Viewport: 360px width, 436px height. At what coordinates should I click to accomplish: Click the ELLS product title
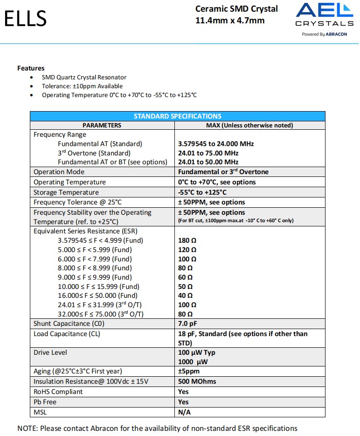(x=26, y=18)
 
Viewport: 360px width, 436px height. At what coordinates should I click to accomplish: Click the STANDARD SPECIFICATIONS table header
(x=177, y=116)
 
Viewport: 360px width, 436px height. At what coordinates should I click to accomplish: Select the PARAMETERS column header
(x=102, y=125)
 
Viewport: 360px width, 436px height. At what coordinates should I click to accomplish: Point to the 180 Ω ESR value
(x=187, y=240)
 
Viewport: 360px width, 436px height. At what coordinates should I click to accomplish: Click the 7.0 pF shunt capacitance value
(x=188, y=323)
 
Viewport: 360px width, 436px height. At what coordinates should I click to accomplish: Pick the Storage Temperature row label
(x=66, y=192)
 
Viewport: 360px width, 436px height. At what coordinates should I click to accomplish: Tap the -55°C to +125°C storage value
(x=203, y=192)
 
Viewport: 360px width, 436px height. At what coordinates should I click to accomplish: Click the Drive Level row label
(x=50, y=352)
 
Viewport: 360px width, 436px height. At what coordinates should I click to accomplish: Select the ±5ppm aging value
(x=189, y=371)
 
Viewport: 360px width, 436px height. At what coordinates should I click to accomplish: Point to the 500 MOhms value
(x=197, y=381)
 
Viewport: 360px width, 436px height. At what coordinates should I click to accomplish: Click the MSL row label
(x=40, y=412)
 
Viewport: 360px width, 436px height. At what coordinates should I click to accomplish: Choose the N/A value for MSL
(x=185, y=412)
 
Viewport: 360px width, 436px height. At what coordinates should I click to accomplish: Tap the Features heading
(x=31, y=68)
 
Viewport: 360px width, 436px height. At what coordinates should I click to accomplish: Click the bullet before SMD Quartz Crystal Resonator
(x=31, y=77)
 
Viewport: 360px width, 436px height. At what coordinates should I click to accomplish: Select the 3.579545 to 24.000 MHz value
(x=216, y=144)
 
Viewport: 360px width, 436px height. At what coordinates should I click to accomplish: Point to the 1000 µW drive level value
(x=193, y=361)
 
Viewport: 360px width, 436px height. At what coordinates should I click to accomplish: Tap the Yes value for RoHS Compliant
(x=183, y=392)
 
